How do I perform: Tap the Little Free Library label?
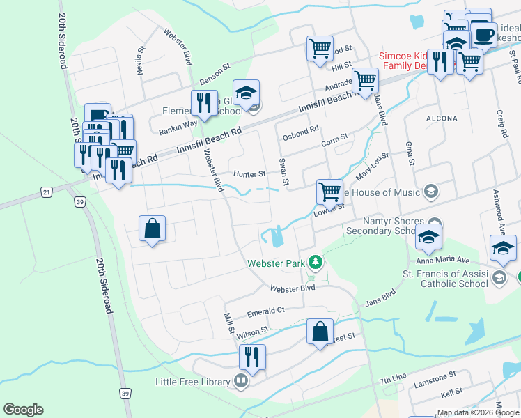pyautogui.click(x=192, y=382)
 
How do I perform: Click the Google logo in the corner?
pyautogui.click(x=23, y=410)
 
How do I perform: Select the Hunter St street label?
pyautogui.click(x=250, y=174)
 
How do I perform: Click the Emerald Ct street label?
pyautogui.click(x=262, y=310)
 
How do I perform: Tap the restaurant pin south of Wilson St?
pyautogui.click(x=252, y=357)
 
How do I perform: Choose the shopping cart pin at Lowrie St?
pyautogui.click(x=329, y=190)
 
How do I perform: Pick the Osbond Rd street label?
pyautogui.click(x=301, y=129)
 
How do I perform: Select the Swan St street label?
pyautogui.click(x=285, y=172)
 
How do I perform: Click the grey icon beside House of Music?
pyautogui.click(x=431, y=192)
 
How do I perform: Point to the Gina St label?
pyautogui.click(x=410, y=155)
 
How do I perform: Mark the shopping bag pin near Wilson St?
pyautogui.click(x=320, y=332)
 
